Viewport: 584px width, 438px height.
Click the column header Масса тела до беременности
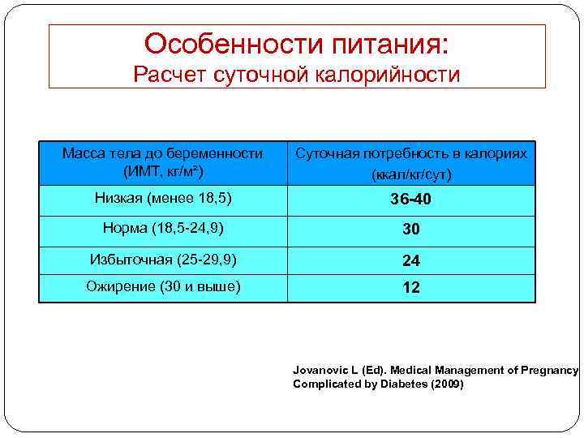(163, 153)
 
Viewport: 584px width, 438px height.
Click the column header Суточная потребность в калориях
(411, 153)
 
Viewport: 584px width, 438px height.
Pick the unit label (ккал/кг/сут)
(411, 174)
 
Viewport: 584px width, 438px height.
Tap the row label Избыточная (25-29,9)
(163, 260)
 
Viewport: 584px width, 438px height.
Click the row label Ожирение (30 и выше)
(163, 287)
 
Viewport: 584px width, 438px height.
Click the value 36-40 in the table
(411, 200)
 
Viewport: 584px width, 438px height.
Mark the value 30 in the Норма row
(411, 230)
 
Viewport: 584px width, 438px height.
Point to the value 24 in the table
(411, 260)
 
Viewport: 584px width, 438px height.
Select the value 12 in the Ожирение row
(411, 288)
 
